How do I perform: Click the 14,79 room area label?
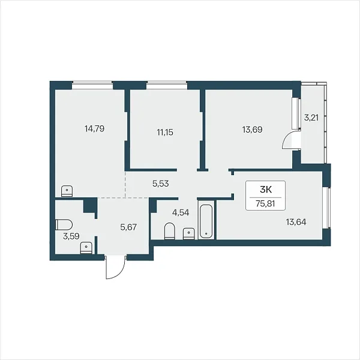(x=94, y=128)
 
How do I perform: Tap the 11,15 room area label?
(x=165, y=132)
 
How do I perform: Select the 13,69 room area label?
(x=253, y=130)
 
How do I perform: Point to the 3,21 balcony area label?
(x=311, y=118)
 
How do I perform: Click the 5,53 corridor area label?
(x=161, y=184)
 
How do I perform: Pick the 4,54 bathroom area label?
(x=181, y=212)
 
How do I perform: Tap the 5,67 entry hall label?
(x=128, y=227)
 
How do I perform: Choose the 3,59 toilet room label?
(x=71, y=236)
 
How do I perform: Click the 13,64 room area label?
(x=296, y=222)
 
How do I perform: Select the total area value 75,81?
(x=265, y=203)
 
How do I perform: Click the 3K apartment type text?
(x=266, y=190)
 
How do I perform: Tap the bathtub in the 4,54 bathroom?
(x=206, y=221)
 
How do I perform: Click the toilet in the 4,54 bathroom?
(x=170, y=231)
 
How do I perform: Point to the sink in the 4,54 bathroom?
(x=189, y=234)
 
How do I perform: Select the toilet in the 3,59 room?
(x=64, y=224)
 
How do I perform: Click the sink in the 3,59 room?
(x=86, y=248)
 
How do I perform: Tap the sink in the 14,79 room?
(x=67, y=191)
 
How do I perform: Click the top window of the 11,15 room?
(x=167, y=85)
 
